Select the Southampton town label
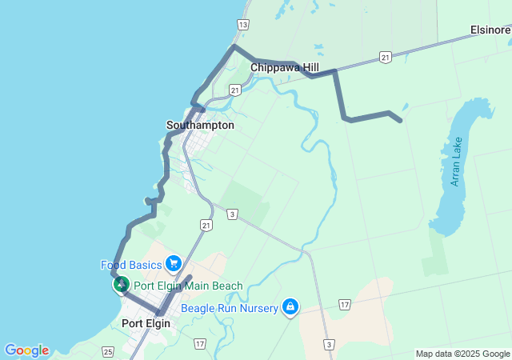(200, 125)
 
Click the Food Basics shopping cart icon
(173, 264)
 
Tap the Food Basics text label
(131, 265)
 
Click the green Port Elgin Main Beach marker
(121, 285)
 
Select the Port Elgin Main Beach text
(188, 286)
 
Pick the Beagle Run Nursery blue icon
(290, 307)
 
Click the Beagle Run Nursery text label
(230, 307)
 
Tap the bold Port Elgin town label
(146, 323)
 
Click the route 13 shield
(243, 25)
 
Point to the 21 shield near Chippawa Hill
(386, 58)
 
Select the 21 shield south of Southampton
(207, 227)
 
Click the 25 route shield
(109, 352)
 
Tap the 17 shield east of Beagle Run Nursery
(344, 305)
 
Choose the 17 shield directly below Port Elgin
(199, 343)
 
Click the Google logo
(26, 350)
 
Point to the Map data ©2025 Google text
(462, 354)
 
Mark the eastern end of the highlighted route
(399, 121)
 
